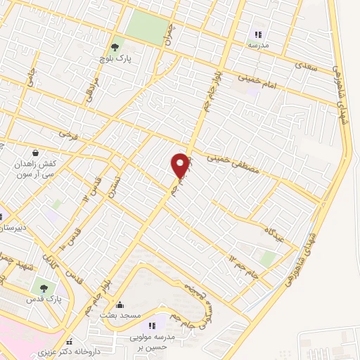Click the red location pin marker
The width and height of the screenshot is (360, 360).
coord(181,166)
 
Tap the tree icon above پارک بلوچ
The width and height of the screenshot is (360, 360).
coord(114,46)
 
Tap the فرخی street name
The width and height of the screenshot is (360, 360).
coord(67,132)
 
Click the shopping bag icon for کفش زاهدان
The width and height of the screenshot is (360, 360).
coord(35,153)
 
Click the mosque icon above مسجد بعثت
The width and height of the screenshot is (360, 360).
coord(120,306)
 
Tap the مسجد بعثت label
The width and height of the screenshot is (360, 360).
coord(120,317)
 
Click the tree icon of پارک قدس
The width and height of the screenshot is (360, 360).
coord(45,288)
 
